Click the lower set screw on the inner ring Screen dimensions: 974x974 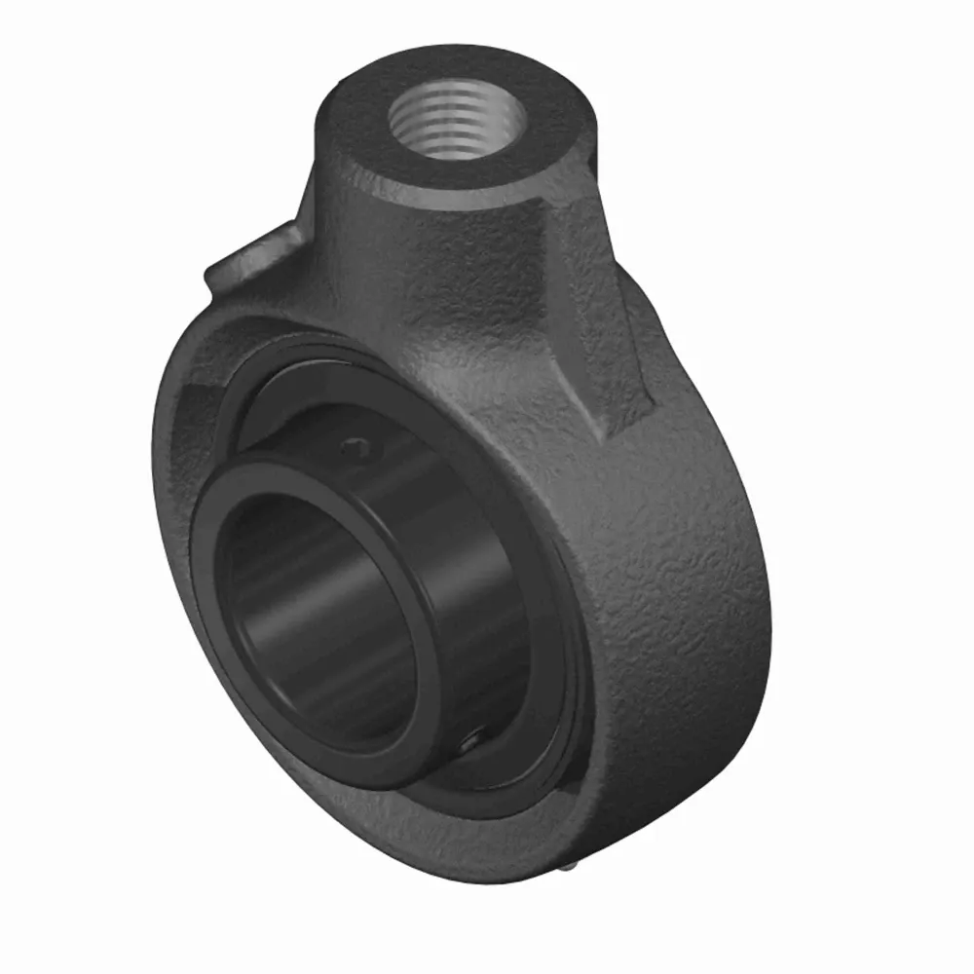coord(470,742)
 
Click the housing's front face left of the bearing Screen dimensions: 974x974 coord(175,545)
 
